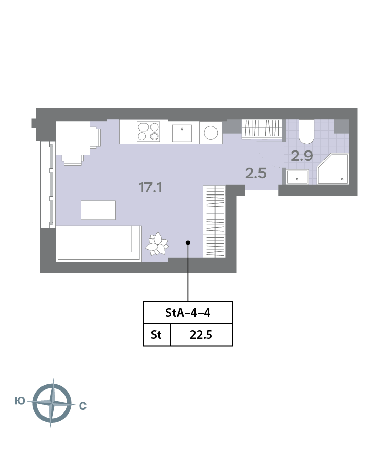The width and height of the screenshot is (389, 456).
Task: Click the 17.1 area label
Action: click(150, 188)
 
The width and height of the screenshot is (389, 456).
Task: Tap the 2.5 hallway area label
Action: click(256, 173)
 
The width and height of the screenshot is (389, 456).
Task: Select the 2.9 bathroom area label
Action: click(302, 156)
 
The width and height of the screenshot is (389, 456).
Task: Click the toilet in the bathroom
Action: click(307, 132)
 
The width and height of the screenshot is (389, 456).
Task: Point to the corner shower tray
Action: click(333, 169)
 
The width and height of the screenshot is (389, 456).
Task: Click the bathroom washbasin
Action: click(297, 177)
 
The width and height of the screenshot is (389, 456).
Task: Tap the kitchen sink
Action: click(182, 133)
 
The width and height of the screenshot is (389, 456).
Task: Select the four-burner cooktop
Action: click(148, 132)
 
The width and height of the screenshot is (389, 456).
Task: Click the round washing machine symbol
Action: click(211, 133)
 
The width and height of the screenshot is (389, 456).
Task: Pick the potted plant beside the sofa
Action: click(157, 244)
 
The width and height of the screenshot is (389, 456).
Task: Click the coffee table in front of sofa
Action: click(98, 210)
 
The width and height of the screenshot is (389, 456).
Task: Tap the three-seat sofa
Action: click(99, 244)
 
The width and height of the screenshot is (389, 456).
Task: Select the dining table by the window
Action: click(73, 138)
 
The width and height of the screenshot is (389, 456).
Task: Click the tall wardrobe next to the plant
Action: click(214, 222)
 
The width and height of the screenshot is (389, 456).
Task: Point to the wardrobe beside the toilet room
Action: click(262, 128)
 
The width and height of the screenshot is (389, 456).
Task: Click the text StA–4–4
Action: click(188, 313)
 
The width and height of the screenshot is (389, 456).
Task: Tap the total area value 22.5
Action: click(201, 335)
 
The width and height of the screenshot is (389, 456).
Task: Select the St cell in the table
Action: click(156, 335)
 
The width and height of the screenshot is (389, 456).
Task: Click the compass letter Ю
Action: click(19, 401)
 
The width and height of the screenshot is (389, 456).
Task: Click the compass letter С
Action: click(83, 406)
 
